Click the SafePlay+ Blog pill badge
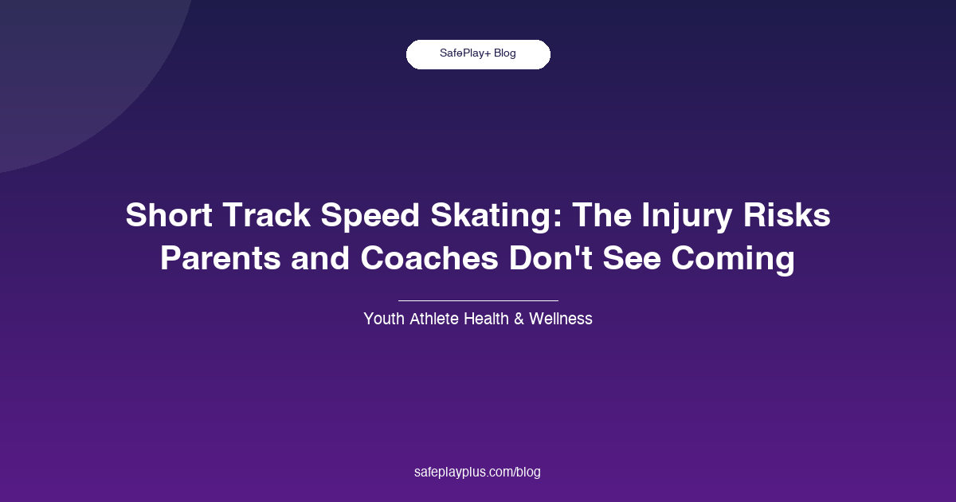478,54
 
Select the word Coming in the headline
744,261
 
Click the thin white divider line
478,300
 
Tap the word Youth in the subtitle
384,319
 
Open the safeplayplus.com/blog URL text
478,472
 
